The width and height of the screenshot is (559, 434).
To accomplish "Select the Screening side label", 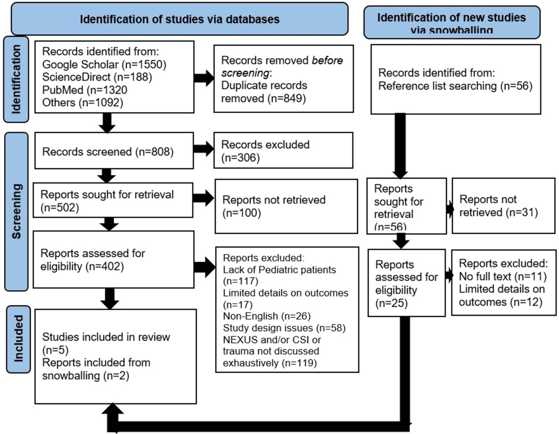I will [16, 212].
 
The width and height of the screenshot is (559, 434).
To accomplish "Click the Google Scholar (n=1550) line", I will [104, 64].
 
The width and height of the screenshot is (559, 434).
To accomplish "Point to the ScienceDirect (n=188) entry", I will [97, 77].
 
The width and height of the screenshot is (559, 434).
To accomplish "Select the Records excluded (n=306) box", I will [283, 150].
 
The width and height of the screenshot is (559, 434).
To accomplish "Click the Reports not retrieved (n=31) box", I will [503, 206].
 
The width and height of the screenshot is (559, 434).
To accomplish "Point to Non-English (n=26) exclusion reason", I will [267, 316].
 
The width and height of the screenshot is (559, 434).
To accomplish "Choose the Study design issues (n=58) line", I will [284, 328].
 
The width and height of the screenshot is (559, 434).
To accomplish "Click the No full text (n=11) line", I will [503, 276].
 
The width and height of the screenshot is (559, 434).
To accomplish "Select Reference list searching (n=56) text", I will [455, 86].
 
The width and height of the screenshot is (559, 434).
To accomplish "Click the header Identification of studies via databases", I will [179, 19].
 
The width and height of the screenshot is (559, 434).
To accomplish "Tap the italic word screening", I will [245, 73].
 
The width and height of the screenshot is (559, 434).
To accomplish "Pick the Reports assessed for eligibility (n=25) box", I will [406, 283].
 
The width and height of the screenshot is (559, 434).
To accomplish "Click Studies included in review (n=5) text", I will [106, 343].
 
